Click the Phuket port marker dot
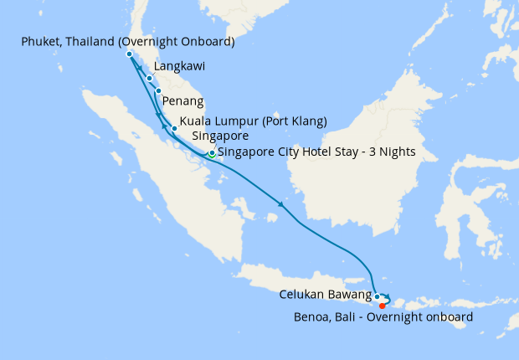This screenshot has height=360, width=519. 129,54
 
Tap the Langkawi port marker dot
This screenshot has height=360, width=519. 149,79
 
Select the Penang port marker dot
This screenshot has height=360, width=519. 157,90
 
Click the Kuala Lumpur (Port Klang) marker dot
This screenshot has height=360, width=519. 174,128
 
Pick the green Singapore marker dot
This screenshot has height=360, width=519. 212,154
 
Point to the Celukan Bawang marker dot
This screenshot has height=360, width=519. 378,296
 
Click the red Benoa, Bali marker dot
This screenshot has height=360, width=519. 383,306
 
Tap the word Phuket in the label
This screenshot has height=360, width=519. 37,41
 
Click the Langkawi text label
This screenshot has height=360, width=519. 180,65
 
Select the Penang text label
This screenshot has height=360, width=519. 184,101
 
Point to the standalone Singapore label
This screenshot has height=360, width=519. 220,136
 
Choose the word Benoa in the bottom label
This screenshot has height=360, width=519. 311,317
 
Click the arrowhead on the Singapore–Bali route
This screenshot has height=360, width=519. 281,203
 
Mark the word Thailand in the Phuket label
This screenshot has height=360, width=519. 99,41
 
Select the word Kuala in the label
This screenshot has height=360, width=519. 198,121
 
